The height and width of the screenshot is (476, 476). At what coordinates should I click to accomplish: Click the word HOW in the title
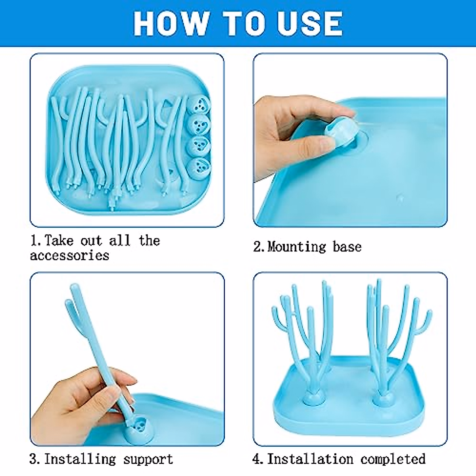click(x=171, y=23)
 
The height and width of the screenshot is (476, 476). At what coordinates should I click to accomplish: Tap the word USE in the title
click(x=309, y=23)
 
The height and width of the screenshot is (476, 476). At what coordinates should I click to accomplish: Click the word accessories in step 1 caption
click(x=69, y=255)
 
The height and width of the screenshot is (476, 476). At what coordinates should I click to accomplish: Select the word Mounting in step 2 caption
click(x=296, y=247)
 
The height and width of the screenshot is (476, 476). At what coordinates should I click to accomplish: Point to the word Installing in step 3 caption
click(x=80, y=459)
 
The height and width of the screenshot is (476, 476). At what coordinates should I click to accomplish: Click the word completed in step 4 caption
click(x=393, y=459)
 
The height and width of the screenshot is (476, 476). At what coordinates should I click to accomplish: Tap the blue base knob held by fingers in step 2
click(x=340, y=131)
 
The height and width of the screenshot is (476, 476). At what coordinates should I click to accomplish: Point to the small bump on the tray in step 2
click(x=401, y=197)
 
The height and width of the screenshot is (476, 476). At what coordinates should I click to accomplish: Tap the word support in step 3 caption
click(x=148, y=459)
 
